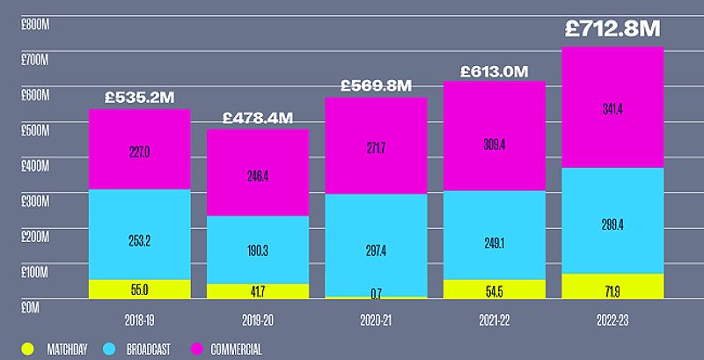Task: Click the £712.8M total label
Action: (612, 29)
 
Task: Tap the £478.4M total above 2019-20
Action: (258, 117)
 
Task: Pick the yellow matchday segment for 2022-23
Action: (612, 286)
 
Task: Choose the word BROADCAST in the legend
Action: (150, 349)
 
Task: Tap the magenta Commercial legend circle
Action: (199, 349)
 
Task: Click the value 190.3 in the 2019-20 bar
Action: (258, 250)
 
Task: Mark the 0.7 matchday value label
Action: (376, 292)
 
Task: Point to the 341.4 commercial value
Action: (612, 108)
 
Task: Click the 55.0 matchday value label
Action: (140, 289)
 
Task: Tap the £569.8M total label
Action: (376, 85)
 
